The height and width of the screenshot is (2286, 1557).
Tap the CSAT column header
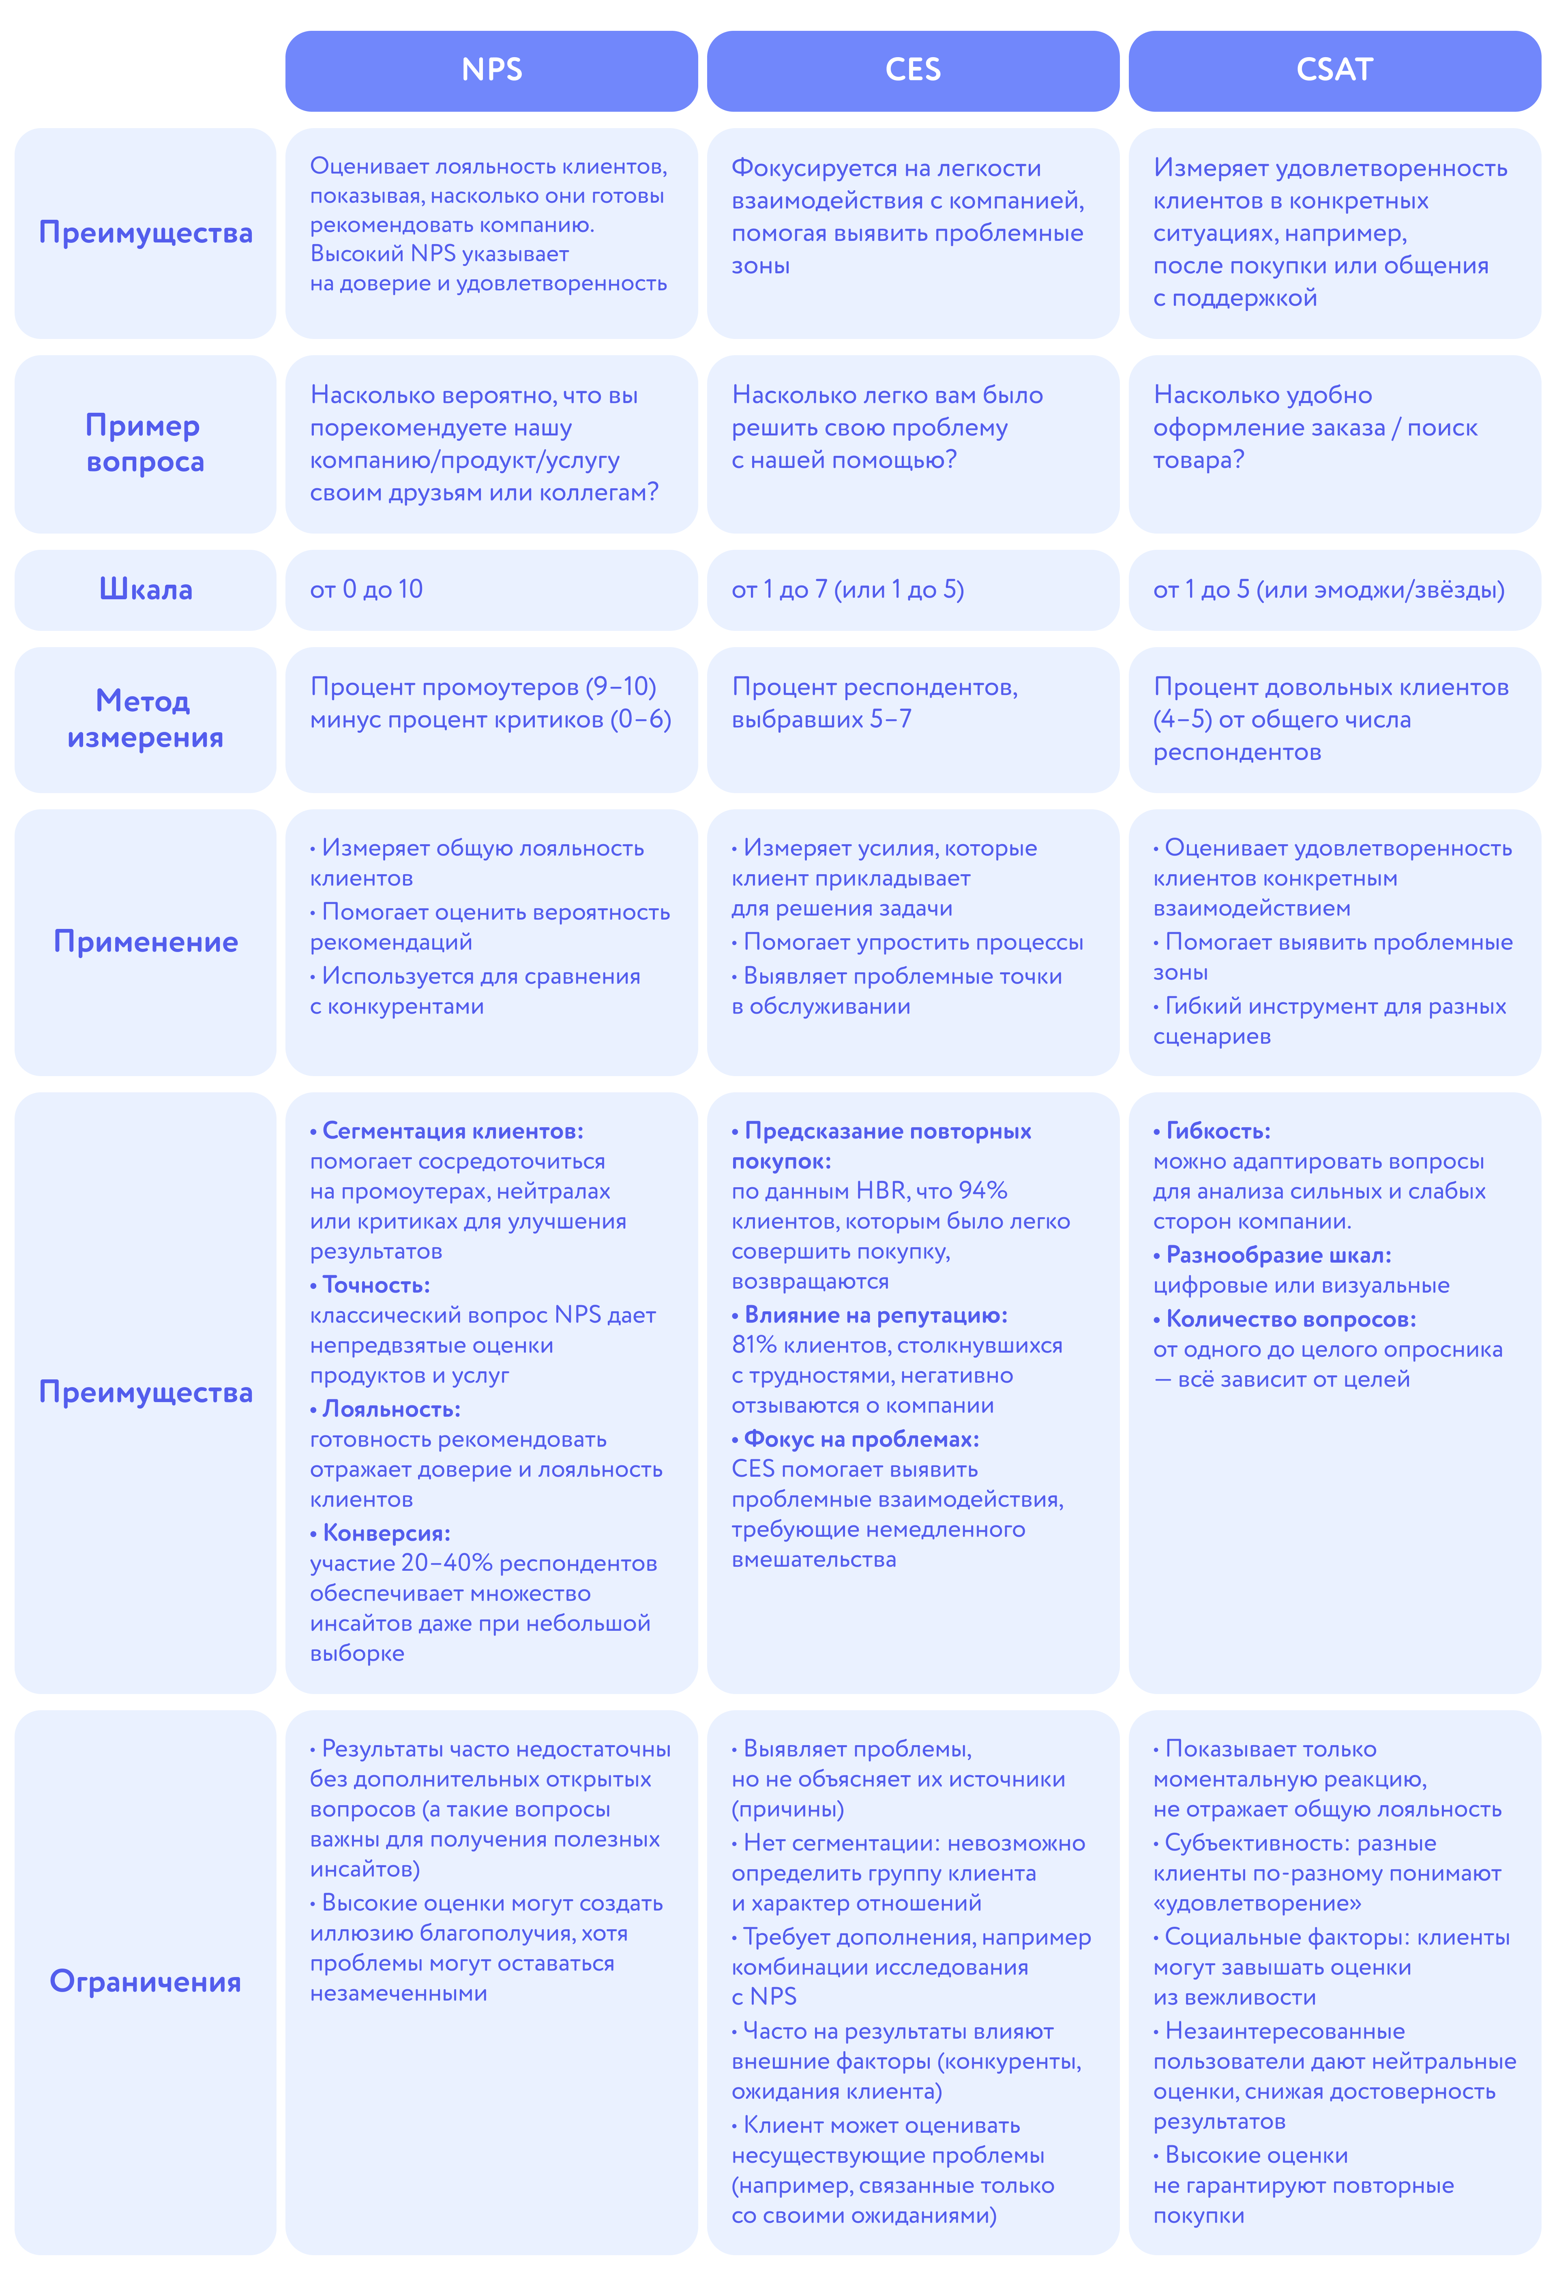pos(1334,70)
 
